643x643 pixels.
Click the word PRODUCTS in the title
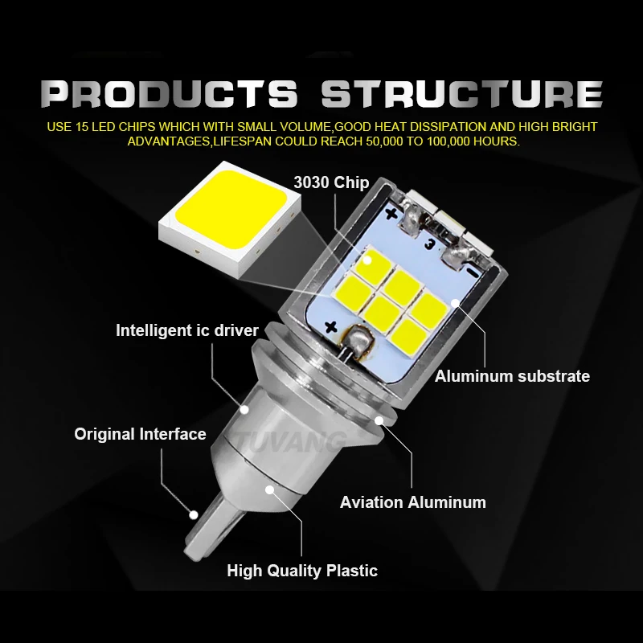tap(169, 94)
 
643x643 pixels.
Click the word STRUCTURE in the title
tap(461, 94)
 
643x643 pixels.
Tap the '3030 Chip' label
tap(331, 182)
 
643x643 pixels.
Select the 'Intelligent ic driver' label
tap(187, 330)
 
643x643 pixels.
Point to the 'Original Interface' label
tap(140, 434)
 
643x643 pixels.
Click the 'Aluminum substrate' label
tap(512, 376)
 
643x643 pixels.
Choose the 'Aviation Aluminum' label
tap(413, 502)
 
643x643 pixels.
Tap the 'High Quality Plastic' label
tap(302, 571)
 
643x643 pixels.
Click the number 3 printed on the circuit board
tap(429, 245)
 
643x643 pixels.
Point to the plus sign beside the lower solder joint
tap(330, 327)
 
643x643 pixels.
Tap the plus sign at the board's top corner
tap(392, 214)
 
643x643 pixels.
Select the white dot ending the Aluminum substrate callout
tap(455, 303)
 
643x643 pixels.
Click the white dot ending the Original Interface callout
tap(194, 514)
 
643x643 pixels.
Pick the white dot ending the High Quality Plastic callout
tap(269, 489)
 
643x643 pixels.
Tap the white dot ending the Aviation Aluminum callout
tap(379, 420)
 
